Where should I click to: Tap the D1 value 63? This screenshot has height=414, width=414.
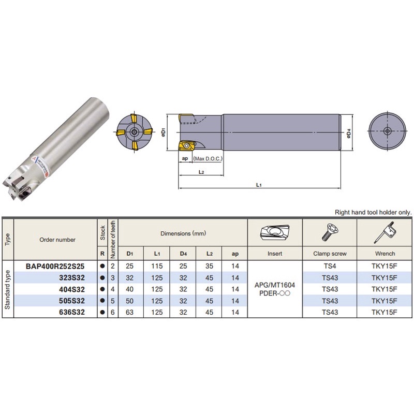tap(129, 312)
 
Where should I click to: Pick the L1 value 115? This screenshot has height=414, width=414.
tap(158, 265)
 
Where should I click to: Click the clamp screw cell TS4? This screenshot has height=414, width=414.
tap(329, 265)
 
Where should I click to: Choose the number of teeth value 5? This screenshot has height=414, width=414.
tap(113, 301)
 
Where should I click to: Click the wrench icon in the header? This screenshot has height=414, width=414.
tap(385, 234)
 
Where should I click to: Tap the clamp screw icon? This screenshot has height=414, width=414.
tap(329, 234)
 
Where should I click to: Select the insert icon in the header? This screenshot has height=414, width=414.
tap(274, 234)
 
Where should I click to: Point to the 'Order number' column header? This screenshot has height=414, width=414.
tap(57, 240)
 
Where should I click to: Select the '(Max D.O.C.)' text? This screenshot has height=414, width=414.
tap(207, 159)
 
